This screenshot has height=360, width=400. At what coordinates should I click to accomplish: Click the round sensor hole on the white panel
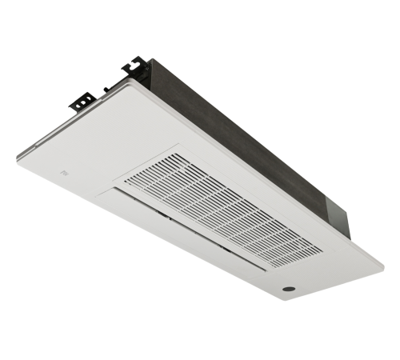tap(288, 286)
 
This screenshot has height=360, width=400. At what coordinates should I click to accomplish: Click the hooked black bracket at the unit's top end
tap(135, 67)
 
